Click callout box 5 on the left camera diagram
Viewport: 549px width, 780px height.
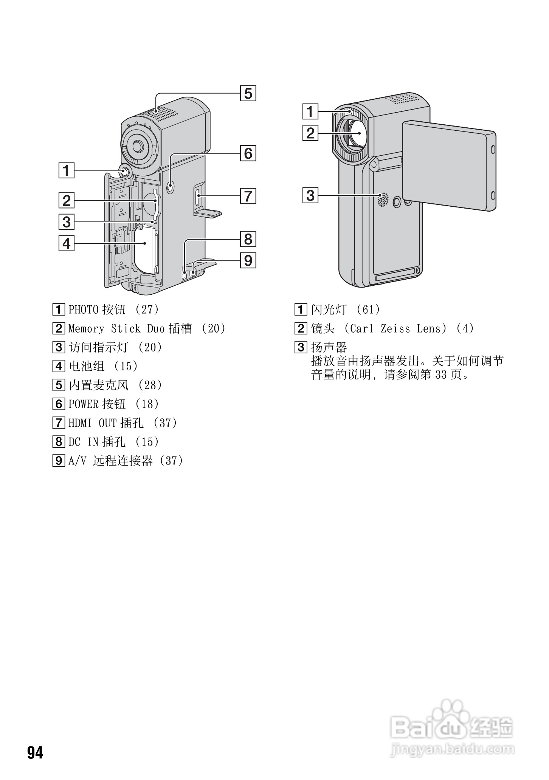[248, 93]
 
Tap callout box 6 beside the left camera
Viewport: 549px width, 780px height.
[248, 153]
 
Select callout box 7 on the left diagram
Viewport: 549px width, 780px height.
[248, 196]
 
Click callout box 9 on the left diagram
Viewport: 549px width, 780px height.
[248, 260]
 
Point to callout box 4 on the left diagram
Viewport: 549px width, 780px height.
[67, 243]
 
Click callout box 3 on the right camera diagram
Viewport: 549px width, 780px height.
[310, 195]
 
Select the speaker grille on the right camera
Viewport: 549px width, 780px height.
[383, 199]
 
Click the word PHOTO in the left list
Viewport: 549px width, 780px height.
[83, 310]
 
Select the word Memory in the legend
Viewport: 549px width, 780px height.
[86, 328]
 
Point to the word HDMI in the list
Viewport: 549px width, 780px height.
[80, 423]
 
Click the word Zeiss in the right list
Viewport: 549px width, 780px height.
[395, 328]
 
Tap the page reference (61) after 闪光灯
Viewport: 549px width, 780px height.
[368, 310]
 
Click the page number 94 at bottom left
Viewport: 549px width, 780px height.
[35, 753]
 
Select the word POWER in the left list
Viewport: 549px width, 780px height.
[83, 404]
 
